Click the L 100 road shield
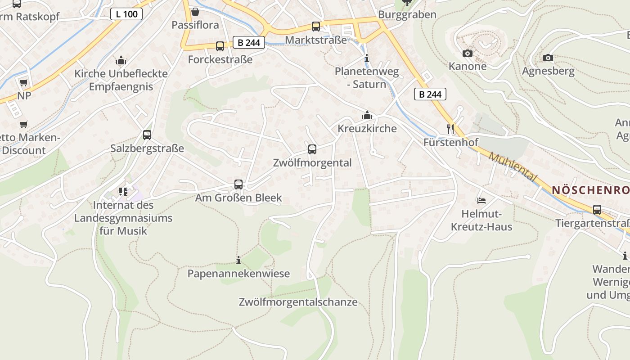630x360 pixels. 126,14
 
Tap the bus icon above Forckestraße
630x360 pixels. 220,46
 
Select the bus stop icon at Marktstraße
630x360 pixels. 316,27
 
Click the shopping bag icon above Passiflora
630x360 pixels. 195,12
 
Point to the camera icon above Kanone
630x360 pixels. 468,53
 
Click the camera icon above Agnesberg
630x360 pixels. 548,58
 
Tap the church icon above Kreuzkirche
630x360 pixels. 367,115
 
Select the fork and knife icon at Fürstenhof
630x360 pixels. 450,129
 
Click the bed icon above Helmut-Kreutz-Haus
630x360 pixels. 481,200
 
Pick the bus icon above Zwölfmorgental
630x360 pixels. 312,149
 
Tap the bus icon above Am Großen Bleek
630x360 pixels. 238,184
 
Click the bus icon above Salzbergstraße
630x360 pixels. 147,135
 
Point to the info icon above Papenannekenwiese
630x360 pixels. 238,260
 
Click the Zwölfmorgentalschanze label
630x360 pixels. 298,302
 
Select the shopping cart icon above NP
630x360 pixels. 23,82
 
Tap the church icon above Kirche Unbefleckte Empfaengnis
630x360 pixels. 121,60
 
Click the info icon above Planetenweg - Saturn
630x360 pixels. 367,58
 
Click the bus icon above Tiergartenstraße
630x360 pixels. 597,209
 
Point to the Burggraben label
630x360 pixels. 407,14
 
